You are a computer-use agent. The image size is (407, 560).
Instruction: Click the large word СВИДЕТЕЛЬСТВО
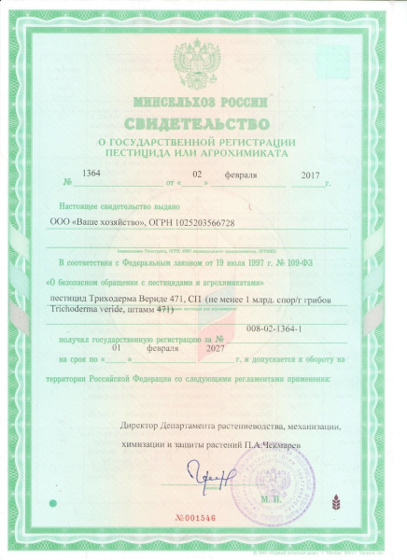[x=203, y=121]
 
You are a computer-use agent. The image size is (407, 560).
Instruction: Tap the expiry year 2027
[x=217, y=347]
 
